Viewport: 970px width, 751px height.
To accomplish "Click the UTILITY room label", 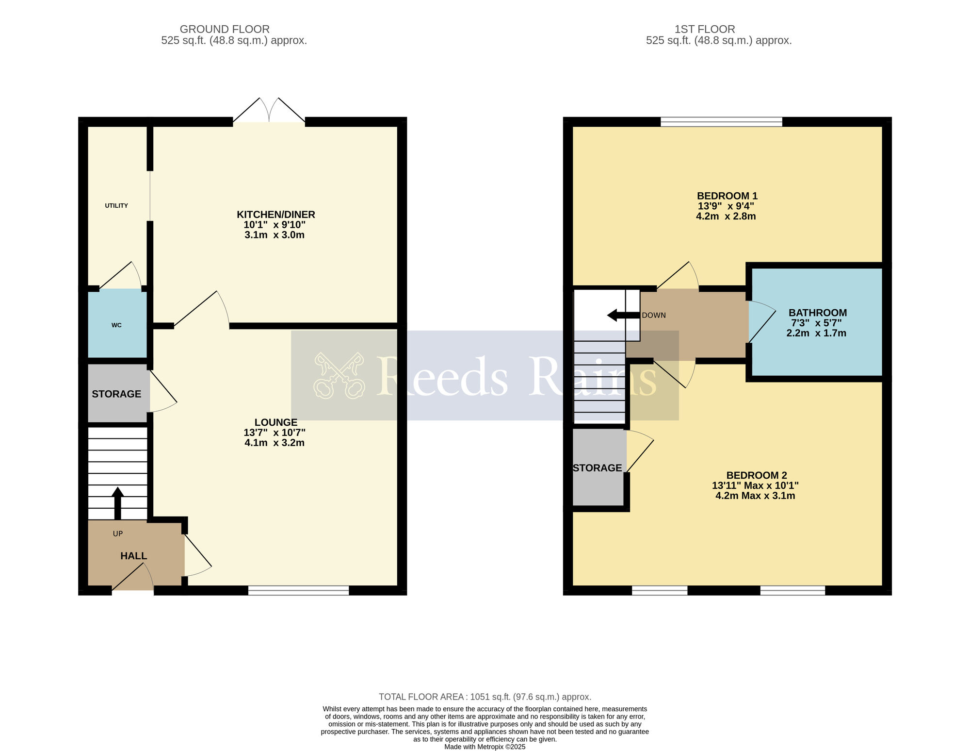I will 116,206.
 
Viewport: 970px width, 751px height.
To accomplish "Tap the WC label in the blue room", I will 116,325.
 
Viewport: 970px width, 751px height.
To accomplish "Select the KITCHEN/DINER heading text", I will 275,215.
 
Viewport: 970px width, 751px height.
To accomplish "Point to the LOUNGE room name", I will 275,422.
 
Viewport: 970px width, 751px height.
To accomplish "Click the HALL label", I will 133,556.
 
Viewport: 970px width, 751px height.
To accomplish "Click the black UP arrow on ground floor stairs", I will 117,502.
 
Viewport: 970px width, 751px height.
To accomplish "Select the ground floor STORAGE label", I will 116,394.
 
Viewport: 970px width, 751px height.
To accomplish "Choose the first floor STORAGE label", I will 597,468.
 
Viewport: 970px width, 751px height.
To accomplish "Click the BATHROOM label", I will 817,313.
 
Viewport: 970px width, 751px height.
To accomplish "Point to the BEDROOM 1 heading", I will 727,196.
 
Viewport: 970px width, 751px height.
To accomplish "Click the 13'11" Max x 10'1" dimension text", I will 755,485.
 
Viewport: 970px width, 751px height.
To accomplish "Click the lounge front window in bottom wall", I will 298,590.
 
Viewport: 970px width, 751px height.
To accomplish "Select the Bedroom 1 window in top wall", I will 721,121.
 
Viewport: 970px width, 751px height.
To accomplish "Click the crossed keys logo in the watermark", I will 339,376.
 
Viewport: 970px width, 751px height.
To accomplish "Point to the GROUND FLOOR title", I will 225,29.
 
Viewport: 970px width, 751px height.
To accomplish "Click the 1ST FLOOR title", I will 704,29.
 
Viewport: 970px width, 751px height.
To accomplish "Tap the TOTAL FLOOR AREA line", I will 485,697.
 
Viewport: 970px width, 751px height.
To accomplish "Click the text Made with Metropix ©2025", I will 485,747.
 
